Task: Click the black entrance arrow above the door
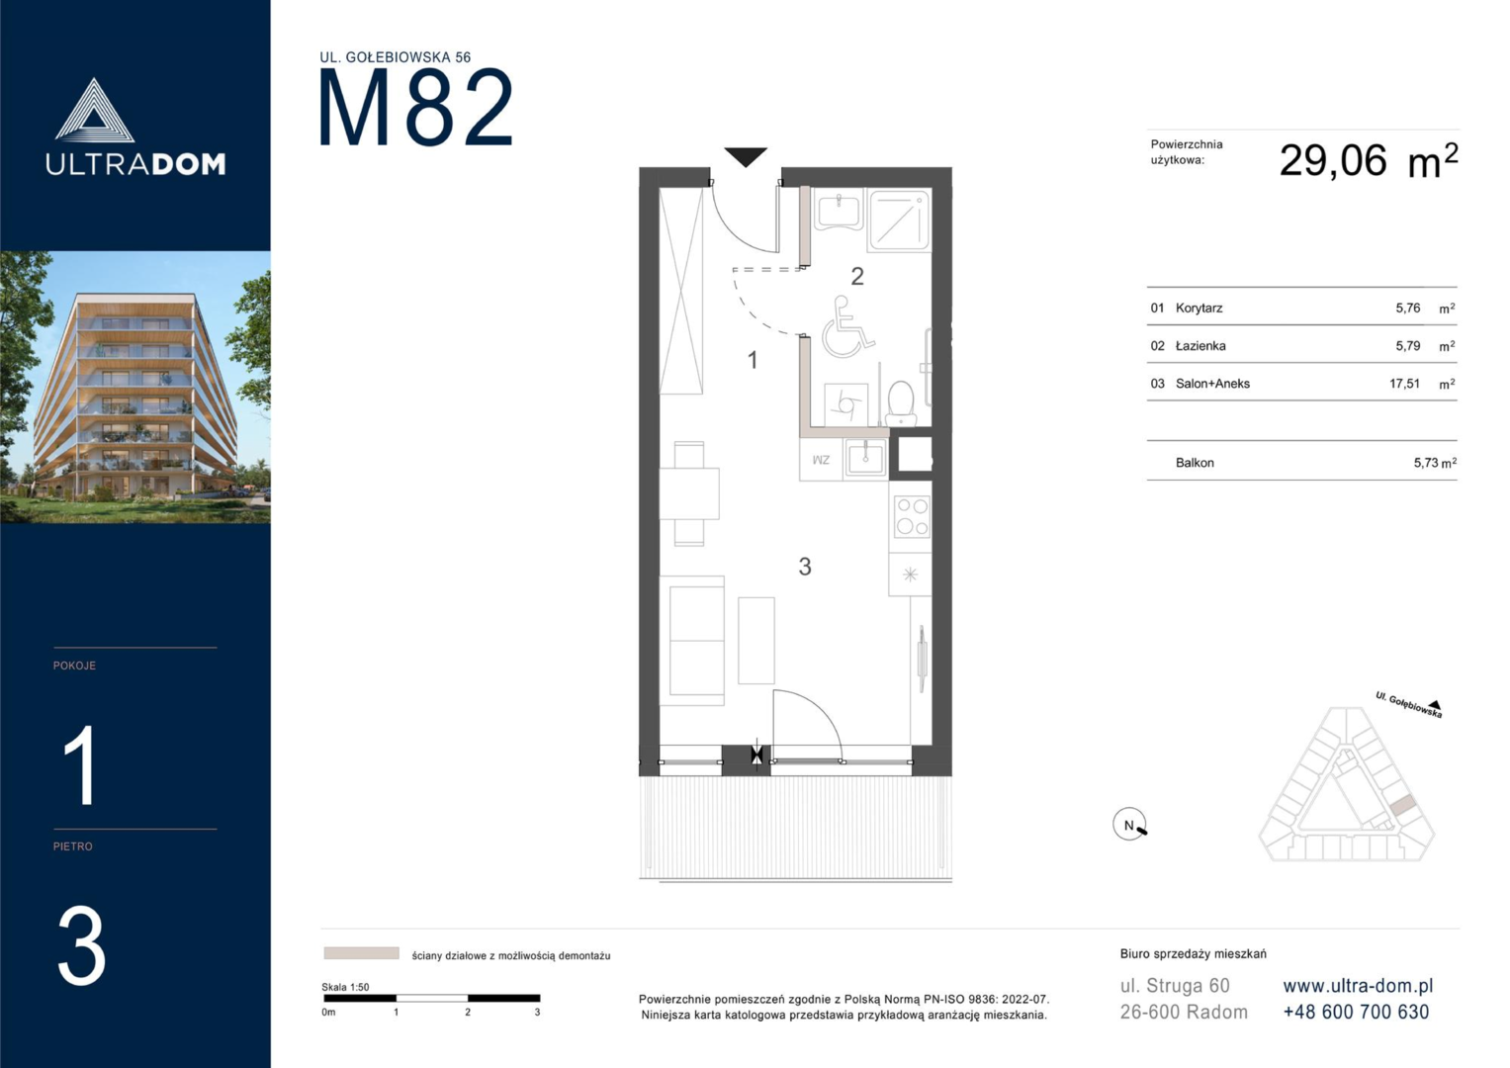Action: (x=746, y=156)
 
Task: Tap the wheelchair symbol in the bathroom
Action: (x=846, y=327)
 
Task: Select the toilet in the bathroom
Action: (x=901, y=403)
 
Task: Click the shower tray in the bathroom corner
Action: (x=899, y=221)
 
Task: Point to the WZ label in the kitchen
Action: (x=821, y=460)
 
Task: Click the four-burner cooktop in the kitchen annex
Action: (x=912, y=516)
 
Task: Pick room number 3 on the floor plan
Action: (x=805, y=567)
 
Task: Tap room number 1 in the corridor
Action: (x=753, y=360)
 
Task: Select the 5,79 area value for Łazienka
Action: (x=1407, y=346)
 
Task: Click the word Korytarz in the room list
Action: (x=1199, y=309)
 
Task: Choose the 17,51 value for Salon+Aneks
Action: (x=1404, y=384)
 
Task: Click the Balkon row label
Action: (x=1195, y=463)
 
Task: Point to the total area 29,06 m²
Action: (x=1369, y=161)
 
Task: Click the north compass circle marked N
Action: (x=1129, y=824)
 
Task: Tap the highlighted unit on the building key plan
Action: (x=1403, y=805)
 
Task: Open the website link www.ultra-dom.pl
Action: (x=1358, y=986)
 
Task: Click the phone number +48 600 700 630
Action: (x=1356, y=1012)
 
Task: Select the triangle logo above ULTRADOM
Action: (x=94, y=111)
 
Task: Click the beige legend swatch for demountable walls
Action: (x=361, y=953)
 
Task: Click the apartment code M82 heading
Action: (x=415, y=107)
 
